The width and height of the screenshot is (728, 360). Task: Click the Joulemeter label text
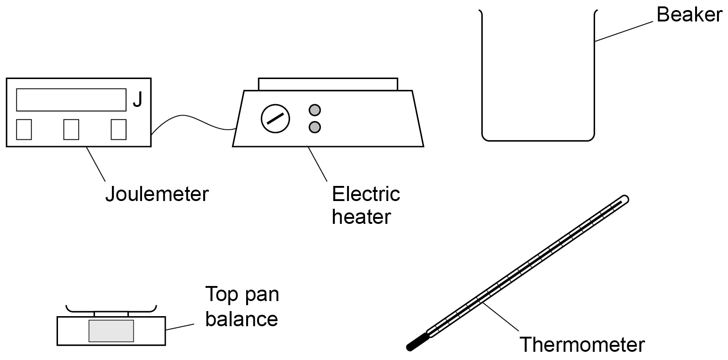tap(157, 194)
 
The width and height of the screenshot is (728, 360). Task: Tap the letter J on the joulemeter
tap(138, 100)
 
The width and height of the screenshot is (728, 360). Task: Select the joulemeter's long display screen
tap(71, 100)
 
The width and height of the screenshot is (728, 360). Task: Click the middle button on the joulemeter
tap(71, 129)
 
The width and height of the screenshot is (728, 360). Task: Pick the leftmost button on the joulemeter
tap(24, 129)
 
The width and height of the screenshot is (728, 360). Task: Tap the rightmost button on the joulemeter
tap(119, 129)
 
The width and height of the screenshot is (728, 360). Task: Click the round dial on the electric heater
tap(275, 119)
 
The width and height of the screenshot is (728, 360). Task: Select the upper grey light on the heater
tap(315, 110)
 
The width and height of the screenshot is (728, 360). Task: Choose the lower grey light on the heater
tap(315, 127)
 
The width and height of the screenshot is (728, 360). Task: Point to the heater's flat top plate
tap(328, 84)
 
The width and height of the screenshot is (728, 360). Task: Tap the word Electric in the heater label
tap(366, 194)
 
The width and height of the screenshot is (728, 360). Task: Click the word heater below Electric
tap(361, 217)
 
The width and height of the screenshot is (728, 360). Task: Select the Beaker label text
tap(689, 15)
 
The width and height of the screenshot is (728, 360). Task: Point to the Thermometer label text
tap(582, 345)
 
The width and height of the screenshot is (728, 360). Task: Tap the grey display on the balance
tap(111, 331)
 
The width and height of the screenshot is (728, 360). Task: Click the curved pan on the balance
tap(111, 310)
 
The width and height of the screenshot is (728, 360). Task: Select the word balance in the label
tap(242, 319)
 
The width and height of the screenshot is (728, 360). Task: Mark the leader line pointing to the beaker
tap(624, 32)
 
